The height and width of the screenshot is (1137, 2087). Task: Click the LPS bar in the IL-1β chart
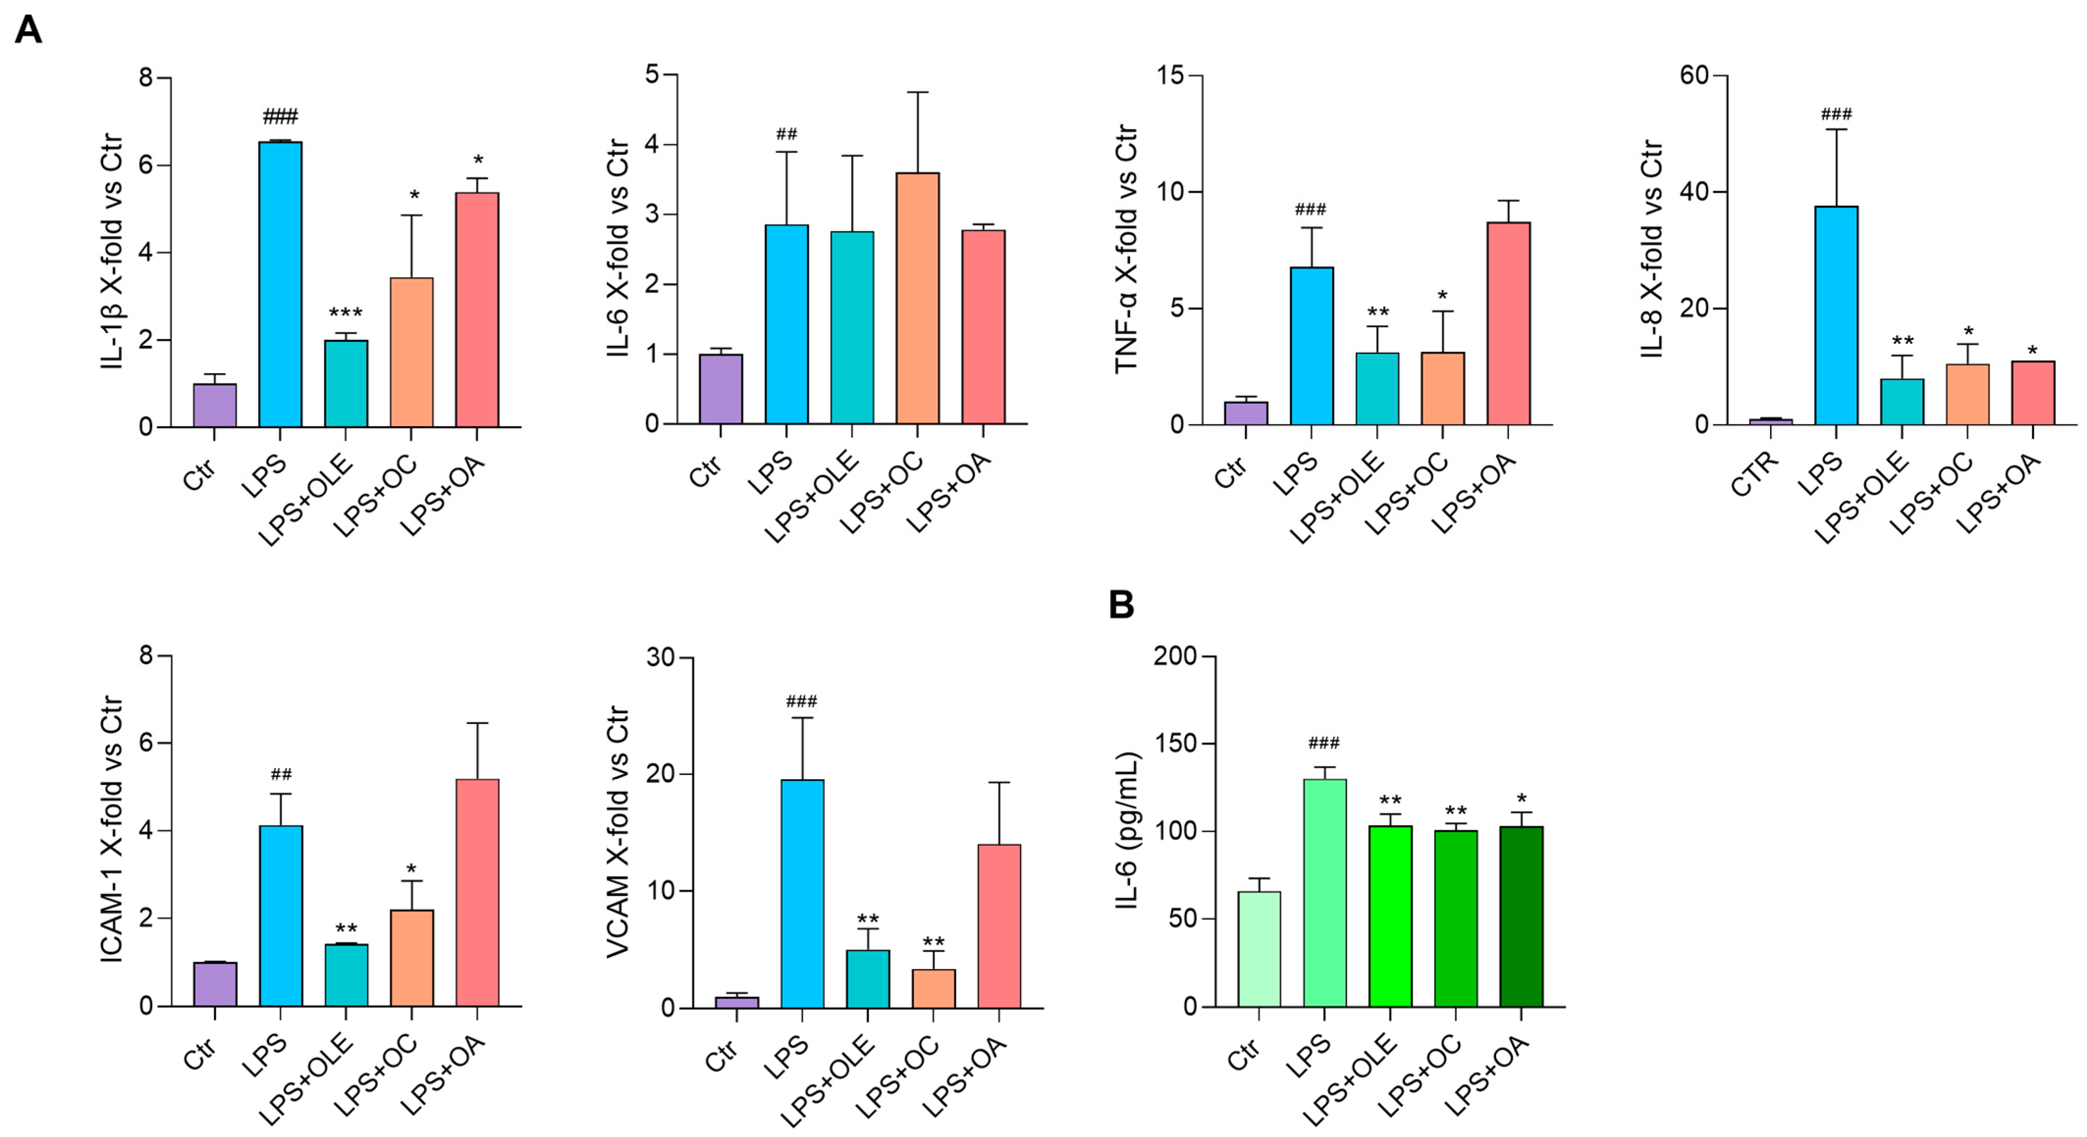[280, 284]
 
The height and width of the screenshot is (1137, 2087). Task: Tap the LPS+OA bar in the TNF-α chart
[1508, 323]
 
